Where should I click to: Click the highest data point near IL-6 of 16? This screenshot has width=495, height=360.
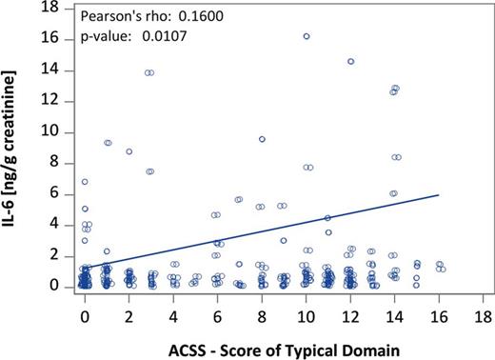pos(306,36)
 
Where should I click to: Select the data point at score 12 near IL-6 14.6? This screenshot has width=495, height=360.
pos(350,61)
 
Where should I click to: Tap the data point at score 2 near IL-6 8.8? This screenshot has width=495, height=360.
pos(129,151)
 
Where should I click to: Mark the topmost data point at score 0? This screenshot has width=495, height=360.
pos(85,181)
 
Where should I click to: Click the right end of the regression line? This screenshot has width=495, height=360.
pos(439,194)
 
